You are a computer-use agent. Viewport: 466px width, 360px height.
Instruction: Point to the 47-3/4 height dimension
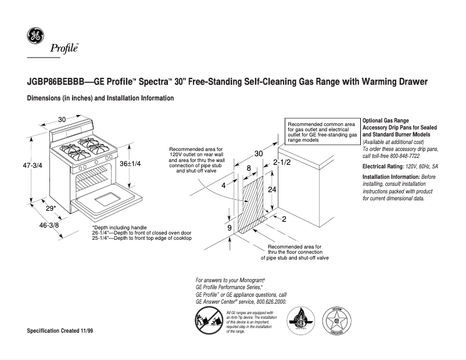point(16,165)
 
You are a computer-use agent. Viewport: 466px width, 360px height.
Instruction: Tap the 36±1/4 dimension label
point(131,164)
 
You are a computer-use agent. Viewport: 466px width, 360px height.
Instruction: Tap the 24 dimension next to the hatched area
point(271,190)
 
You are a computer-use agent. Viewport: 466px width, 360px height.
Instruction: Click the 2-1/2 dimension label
point(281,163)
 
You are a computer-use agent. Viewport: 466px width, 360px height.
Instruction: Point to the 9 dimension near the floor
point(230,228)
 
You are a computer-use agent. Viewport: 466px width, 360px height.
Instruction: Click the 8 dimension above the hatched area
point(249,168)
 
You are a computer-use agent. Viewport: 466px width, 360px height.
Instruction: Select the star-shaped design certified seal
point(335,321)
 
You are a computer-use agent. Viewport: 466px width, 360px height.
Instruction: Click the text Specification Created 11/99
point(60,330)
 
